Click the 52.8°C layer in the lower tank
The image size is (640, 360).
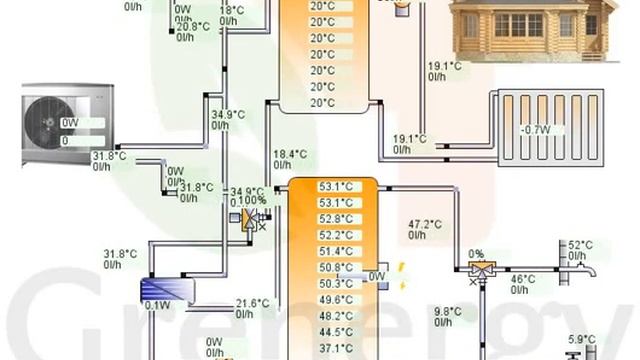point(335,219)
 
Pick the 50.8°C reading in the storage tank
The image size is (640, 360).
point(335,267)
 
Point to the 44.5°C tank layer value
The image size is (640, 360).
point(335,332)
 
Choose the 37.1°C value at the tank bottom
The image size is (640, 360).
point(335,348)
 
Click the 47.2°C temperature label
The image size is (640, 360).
point(425,224)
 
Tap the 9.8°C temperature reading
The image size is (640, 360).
point(447,311)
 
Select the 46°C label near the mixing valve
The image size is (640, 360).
point(523,279)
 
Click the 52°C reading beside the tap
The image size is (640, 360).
point(580,245)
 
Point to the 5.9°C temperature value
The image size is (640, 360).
point(581,339)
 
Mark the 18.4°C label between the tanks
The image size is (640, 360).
point(290,154)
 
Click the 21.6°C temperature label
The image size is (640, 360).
point(252,303)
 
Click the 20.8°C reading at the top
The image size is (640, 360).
point(193,27)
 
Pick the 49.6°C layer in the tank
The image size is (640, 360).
point(335,300)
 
